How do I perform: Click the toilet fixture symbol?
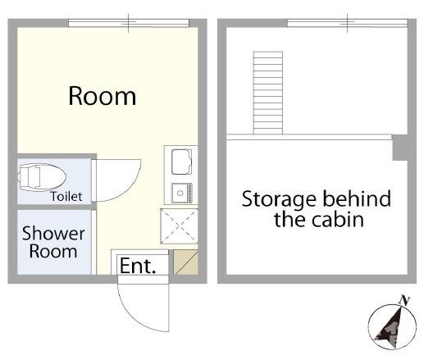(x=42, y=177)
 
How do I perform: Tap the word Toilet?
(x=66, y=197)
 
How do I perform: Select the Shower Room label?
(x=53, y=242)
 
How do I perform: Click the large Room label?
(x=102, y=96)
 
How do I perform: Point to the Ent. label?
(x=138, y=266)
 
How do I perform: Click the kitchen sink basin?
(x=181, y=162)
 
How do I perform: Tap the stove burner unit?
(x=182, y=193)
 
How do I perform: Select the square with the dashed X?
(x=179, y=226)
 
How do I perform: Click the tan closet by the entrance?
(x=185, y=262)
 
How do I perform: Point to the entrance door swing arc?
(x=133, y=318)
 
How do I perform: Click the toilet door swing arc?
(x=129, y=189)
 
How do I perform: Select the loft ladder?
(x=268, y=93)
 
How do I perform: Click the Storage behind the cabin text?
(x=317, y=209)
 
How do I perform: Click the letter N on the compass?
(x=404, y=300)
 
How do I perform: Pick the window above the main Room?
(x=129, y=23)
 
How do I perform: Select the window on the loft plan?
(x=347, y=23)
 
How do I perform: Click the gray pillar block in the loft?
(x=400, y=148)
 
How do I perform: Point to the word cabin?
(x=338, y=220)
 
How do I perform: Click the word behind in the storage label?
(x=357, y=198)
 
